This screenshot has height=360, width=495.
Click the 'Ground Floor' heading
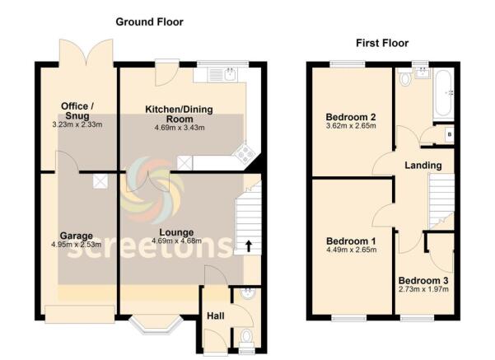pos(149,21)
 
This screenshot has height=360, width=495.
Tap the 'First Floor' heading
pos(381,43)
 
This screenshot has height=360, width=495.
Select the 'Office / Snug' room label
pos(78,110)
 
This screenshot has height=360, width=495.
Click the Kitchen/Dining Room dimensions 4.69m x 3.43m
pos(181,127)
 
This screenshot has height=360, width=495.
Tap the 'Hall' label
pos(214,315)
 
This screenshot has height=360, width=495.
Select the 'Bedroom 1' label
pos(350,241)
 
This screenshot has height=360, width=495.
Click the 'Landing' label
pos(423,166)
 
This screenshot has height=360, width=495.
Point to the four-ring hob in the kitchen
pos(245,152)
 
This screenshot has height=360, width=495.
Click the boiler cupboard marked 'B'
pos(448,133)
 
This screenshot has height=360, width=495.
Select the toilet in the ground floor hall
pos(245,336)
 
